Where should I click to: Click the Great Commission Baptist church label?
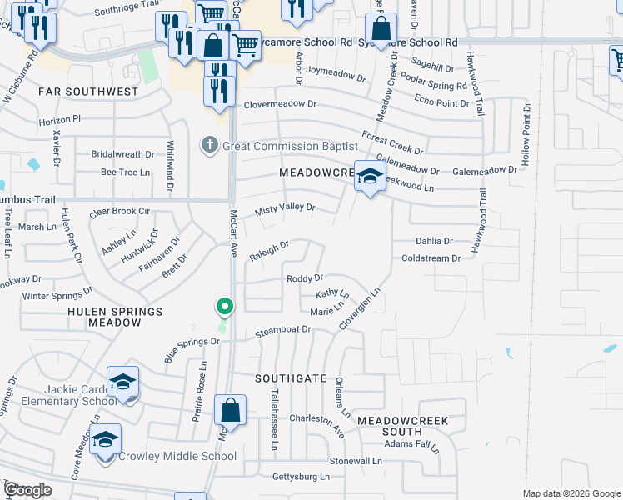tap(274, 147)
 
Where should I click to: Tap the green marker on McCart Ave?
tap(224, 307)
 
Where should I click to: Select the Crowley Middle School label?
tap(177, 456)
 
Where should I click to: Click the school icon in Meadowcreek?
tap(370, 176)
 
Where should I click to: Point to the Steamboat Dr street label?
tap(282, 329)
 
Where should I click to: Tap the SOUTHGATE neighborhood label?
tap(290, 378)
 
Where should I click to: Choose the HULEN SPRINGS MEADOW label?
tap(103, 317)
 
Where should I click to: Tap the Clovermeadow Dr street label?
tap(281, 105)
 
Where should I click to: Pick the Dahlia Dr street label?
tap(434, 241)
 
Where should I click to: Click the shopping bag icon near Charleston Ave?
tap(230, 411)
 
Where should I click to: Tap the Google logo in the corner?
tap(27, 490)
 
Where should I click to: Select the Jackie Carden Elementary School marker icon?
tap(122, 382)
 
